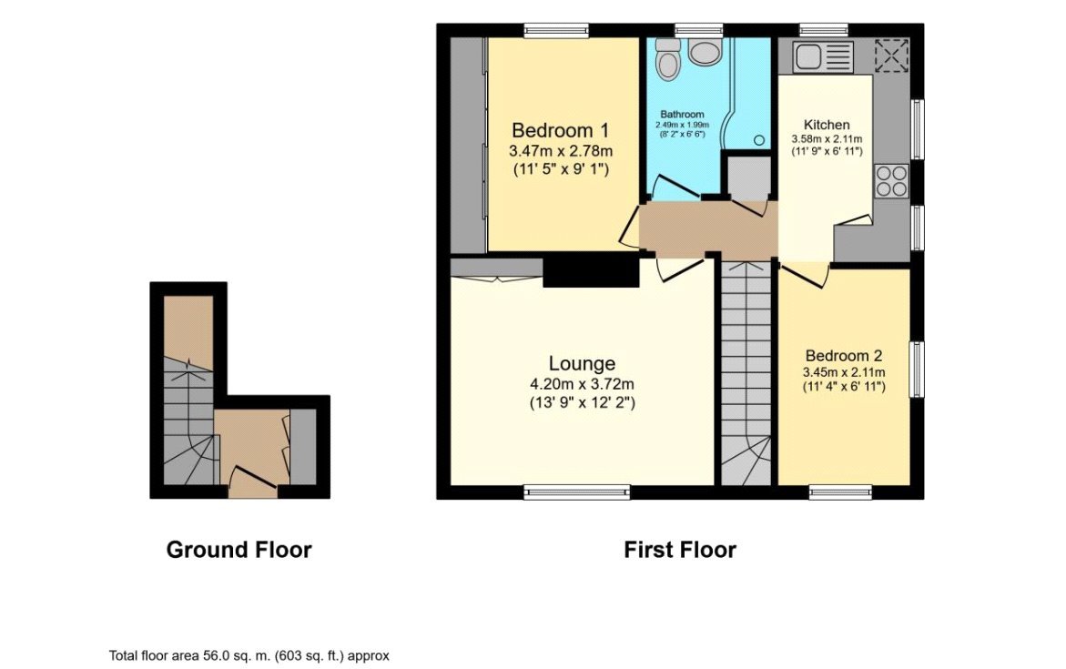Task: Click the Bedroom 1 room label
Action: (559, 129)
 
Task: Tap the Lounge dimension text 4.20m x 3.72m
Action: (582, 383)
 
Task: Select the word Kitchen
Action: (827, 124)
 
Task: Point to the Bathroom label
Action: (683, 114)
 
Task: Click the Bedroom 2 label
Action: (843, 356)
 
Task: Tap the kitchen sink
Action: (821, 56)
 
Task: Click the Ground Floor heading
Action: (239, 550)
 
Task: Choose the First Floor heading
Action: (679, 550)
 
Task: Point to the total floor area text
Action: (249, 655)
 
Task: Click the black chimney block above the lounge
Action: (590, 271)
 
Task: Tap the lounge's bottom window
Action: (577, 492)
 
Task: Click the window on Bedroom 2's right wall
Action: (918, 370)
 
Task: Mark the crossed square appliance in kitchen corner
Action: (891, 56)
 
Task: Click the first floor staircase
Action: (746, 373)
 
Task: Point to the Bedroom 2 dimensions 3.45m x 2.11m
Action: (843, 372)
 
